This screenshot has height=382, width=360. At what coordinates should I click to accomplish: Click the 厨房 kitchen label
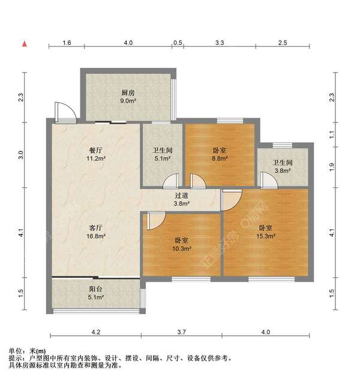128,92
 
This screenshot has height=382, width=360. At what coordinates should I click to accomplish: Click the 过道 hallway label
182,195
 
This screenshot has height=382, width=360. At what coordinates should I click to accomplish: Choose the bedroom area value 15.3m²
266,236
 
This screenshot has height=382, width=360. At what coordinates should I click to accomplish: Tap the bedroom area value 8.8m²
220,159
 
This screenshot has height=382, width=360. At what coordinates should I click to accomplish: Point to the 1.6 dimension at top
67,43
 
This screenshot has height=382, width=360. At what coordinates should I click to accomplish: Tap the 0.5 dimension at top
178,43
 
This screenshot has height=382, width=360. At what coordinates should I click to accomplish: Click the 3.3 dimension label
220,43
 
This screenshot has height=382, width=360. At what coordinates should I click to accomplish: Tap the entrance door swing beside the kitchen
63,111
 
